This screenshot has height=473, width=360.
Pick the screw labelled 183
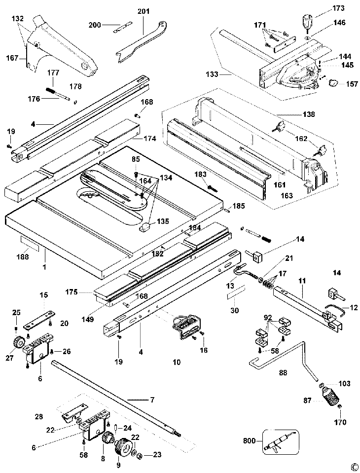[212, 188]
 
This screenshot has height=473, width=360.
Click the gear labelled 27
[18, 341]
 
